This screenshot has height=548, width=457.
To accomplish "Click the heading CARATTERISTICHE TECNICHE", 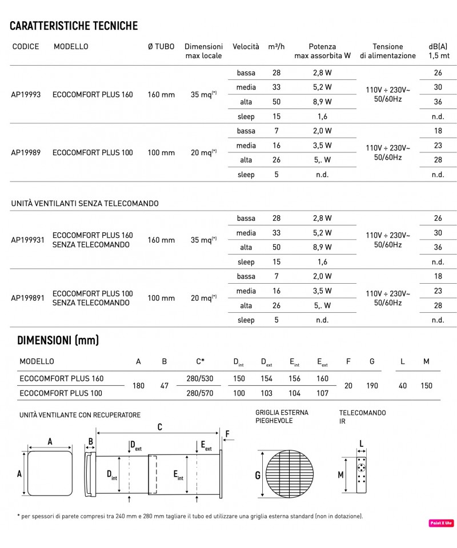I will click(74, 26).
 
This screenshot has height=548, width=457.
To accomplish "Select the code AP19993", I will click(26, 95).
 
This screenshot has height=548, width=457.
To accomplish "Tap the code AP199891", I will click(27, 298).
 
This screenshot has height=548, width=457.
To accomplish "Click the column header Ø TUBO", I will click(161, 47).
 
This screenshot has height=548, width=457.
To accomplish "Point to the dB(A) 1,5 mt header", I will click(438, 51).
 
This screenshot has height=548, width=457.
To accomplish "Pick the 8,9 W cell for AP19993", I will click(322, 102).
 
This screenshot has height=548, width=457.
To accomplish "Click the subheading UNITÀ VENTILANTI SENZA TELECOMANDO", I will click(85, 203).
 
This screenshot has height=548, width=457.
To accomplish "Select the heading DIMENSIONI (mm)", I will click(58, 341).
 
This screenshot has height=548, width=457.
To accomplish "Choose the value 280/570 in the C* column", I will click(199, 393).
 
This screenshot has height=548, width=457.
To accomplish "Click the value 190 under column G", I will click(372, 386).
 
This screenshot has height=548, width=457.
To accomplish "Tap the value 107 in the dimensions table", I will click(322, 393).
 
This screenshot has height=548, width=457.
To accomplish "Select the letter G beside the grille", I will click(258, 475).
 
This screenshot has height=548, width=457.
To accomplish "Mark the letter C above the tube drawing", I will click(160, 427).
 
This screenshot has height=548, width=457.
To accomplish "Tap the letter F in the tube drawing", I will click(227, 434).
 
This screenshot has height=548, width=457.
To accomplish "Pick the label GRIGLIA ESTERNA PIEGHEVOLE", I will click(282, 417).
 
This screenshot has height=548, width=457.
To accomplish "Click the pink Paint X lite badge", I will click(442, 523).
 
